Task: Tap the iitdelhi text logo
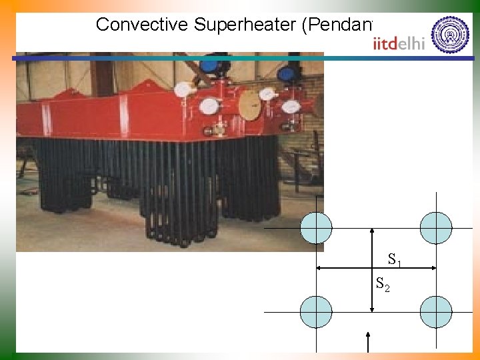(399, 43)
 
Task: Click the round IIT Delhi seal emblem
(450, 35)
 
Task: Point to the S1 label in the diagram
(395, 259)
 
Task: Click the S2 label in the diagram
(383, 285)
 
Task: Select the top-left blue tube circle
(316, 228)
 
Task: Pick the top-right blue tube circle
(436, 228)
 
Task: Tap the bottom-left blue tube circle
(316, 312)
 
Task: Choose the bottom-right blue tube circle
(436, 312)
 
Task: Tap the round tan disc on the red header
(249, 106)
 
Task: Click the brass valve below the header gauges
(218, 131)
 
